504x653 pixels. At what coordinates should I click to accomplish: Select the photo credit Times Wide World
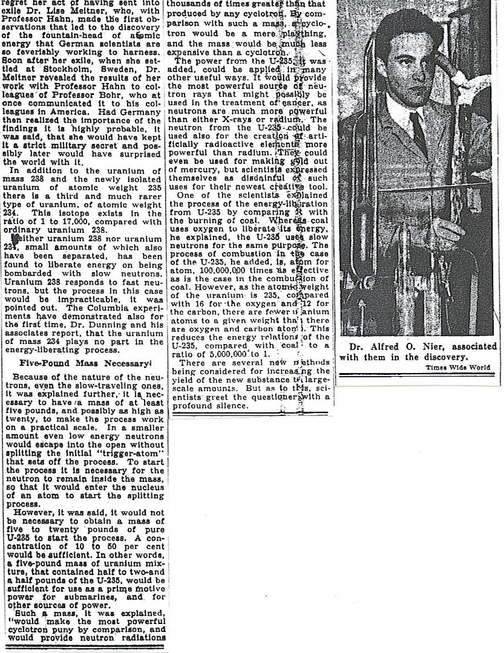click(457, 367)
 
